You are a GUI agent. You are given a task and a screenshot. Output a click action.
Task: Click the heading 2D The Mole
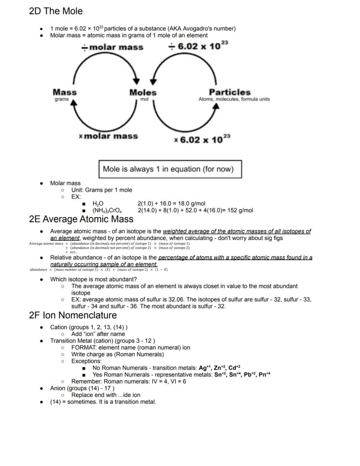[56, 11]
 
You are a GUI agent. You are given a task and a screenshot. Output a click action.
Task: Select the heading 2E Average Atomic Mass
[81, 219]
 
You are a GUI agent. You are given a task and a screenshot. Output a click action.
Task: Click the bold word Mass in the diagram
[64, 92]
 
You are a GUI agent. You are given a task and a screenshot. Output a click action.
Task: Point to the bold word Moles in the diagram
[143, 93]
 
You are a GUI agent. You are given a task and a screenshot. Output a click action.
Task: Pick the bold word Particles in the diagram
[230, 92]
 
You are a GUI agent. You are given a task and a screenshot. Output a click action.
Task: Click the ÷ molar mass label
[112, 47]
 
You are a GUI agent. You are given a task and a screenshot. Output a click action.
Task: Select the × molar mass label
[108, 136]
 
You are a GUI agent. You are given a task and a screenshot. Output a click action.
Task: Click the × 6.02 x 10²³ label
[202, 140]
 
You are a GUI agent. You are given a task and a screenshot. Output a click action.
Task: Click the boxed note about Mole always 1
[170, 169]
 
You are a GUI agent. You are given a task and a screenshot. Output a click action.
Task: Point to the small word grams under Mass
[62, 100]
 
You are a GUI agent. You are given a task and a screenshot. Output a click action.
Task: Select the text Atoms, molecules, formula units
[234, 99]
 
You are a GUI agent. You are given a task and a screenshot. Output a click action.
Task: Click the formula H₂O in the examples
[98, 204]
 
